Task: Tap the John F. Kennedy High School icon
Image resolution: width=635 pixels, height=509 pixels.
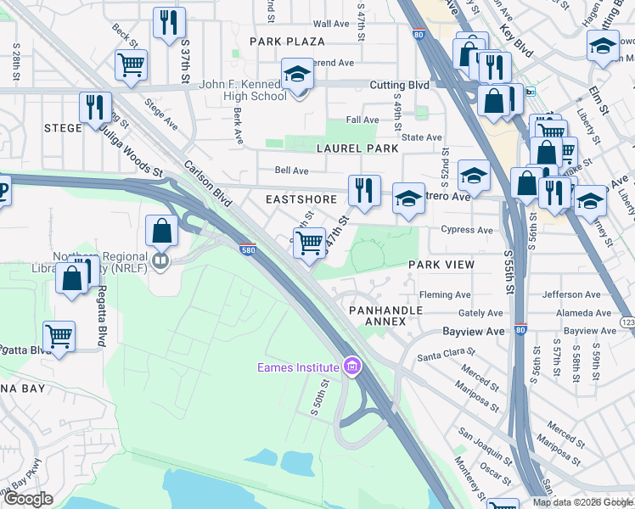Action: (297, 76)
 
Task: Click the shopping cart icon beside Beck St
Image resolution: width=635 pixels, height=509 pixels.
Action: (131, 64)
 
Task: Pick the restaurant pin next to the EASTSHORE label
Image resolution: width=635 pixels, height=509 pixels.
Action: (364, 190)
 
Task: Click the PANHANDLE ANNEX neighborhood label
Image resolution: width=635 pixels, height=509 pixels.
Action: (379, 316)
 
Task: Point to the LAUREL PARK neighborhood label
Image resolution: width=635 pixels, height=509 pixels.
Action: (357, 148)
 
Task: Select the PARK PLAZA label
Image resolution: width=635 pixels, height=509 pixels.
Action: (287, 42)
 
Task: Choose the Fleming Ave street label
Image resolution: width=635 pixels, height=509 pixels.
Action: (445, 295)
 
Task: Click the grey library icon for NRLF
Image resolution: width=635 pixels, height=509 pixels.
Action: (160, 260)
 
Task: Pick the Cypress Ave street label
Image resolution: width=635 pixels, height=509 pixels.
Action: (466, 230)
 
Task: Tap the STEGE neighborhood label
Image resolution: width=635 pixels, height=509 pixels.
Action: (63, 127)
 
